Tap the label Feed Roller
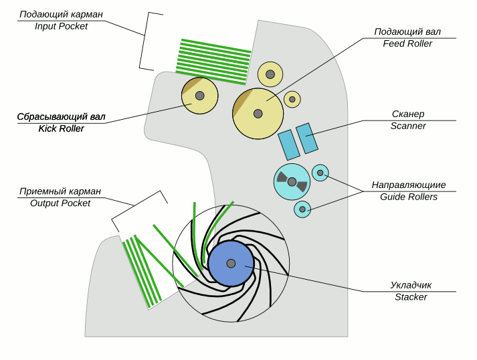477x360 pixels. pyautogui.click(x=407, y=43)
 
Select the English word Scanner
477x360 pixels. pyautogui.click(x=408, y=126)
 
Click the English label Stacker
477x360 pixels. pyautogui.click(x=411, y=296)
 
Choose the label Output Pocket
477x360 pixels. pyautogui.click(x=60, y=203)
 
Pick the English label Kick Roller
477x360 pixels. pyautogui.click(x=62, y=128)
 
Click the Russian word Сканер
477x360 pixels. pyautogui.click(x=408, y=114)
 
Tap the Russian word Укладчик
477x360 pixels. pyautogui.click(x=411, y=284)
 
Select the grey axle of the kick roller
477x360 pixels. pyautogui.click(x=199, y=96)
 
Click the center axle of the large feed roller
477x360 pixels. pyautogui.click(x=258, y=114)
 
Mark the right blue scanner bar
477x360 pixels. pyautogui.click(x=306, y=138)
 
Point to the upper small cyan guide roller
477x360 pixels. pyautogui.click(x=320, y=173)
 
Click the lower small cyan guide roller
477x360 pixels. pyautogui.click(x=302, y=209)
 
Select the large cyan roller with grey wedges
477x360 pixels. pyautogui.click(x=292, y=181)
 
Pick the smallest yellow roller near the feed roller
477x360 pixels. pyautogui.click(x=292, y=100)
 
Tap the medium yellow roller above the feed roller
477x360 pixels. pyautogui.click(x=270, y=74)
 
